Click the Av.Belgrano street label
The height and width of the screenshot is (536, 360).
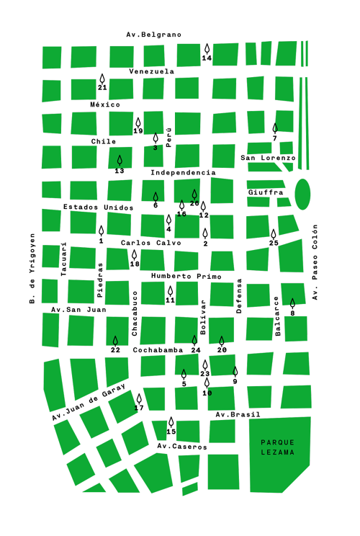point(153,35)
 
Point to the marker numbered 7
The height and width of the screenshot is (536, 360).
point(275,128)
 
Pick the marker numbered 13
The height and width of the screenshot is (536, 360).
point(120,161)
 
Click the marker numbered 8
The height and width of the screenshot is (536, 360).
point(292,304)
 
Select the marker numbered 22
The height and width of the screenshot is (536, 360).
point(115,341)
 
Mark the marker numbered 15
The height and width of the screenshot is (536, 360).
point(171,422)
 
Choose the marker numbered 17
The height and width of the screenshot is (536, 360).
point(139,398)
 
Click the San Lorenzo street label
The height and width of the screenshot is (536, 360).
point(268,158)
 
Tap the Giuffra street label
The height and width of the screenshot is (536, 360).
point(266,192)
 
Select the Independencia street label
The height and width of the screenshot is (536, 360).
point(183,173)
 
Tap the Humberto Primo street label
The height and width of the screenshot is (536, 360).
point(186,277)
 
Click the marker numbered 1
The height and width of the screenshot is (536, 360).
point(101,231)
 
